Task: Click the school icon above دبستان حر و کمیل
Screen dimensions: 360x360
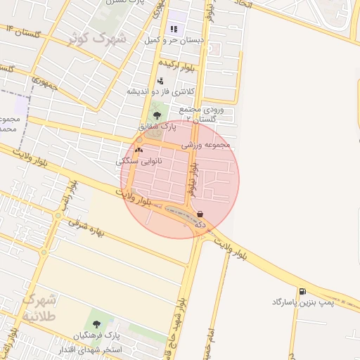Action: pos(174,30)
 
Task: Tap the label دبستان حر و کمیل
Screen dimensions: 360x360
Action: pos(174,41)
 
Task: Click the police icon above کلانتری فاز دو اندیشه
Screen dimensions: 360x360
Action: pos(160,81)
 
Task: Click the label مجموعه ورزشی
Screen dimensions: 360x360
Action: pos(206,145)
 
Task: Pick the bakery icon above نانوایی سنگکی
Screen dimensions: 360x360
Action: pos(139,149)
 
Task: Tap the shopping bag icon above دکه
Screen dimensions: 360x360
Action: pos(200,214)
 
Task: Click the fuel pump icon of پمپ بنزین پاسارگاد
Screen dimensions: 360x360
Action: pos(302,291)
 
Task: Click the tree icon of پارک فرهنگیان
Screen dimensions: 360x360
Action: pos(96,325)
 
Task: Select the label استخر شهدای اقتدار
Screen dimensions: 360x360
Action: pos(92,349)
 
